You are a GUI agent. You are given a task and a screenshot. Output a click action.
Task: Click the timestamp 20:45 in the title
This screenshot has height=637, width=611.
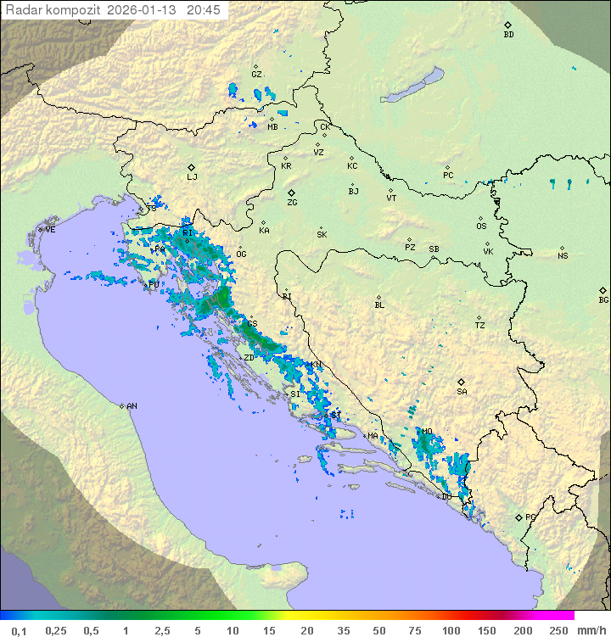point(203,10)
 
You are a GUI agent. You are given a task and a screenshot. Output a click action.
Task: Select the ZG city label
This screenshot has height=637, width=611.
point(292,203)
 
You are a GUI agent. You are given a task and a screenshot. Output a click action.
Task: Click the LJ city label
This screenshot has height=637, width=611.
point(192,177)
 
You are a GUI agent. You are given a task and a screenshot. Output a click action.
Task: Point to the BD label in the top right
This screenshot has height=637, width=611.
point(508,35)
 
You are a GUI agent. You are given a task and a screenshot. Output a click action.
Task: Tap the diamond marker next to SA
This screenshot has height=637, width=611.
point(462,382)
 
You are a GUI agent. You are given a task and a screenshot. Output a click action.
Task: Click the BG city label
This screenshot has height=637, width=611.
point(603,299)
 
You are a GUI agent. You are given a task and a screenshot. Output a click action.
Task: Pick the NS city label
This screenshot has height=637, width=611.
point(563,256)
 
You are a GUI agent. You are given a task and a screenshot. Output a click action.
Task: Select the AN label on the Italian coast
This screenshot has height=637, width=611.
point(132,406)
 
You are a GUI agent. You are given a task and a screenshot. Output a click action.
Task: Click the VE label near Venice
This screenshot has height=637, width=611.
point(50,230)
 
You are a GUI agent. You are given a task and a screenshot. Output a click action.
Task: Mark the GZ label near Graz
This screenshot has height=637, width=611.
point(256,75)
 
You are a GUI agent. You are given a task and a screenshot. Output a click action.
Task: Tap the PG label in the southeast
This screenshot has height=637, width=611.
point(530,517)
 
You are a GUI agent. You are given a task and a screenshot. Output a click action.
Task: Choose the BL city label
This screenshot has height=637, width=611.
point(379,305)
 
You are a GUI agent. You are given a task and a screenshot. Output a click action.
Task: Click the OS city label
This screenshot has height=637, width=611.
point(481,226)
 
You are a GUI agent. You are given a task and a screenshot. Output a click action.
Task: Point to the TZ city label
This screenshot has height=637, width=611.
point(479,326)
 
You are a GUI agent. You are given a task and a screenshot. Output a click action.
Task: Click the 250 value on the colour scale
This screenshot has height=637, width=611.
point(558,630)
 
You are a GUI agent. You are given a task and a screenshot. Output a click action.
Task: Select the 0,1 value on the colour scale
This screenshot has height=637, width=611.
point(19,630)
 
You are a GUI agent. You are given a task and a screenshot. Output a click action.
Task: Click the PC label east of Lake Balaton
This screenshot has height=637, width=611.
point(448,176)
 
